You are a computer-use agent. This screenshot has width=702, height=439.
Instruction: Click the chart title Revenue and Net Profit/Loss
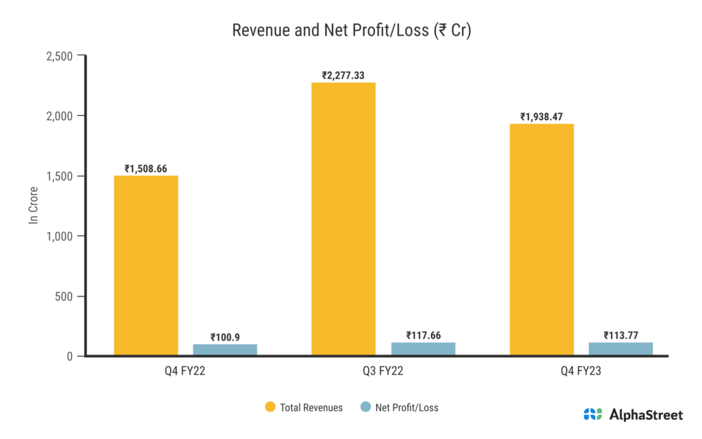tap(351, 31)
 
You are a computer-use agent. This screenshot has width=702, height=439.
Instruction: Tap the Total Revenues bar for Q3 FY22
tap(343, 219)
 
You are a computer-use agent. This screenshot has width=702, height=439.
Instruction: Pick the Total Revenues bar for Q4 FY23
tap(542, 240)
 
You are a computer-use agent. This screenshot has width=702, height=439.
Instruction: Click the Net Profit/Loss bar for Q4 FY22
tap(225, 350)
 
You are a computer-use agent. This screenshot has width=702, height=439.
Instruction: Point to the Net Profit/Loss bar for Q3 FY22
tap(423, 348)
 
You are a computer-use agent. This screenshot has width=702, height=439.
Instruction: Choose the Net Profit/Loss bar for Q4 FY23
tap(620, 348)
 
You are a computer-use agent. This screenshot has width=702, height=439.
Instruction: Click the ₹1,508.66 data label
tap(146, 168)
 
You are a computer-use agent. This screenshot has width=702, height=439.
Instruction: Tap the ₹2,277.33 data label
tap(343, 75)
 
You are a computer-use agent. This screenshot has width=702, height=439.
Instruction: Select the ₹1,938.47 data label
tap(542, 117)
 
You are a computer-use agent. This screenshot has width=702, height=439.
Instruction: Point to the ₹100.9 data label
tap(225, 337)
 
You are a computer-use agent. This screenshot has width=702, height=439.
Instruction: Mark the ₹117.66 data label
tap(423, 335)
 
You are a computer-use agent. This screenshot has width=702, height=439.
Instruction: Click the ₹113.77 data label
tap(620, 335)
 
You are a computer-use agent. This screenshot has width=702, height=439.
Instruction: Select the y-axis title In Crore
tap(33, 206)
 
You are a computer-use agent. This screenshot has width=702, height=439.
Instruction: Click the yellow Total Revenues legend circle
tap(270, 407)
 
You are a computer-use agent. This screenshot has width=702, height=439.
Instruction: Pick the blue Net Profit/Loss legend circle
tap(365, 407)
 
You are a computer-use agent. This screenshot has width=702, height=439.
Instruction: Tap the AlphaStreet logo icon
tap(593, 414)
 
